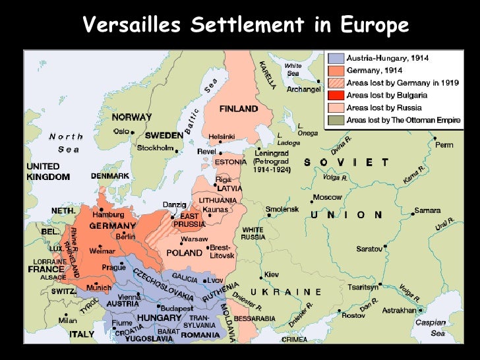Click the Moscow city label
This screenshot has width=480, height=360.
(x=327, y=197)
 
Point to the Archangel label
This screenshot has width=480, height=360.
(x=303, y=89)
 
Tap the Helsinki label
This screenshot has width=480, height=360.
(x=222, y=136)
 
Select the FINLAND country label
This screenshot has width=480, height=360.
(x=238, y=108)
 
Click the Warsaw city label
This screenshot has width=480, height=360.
(x=195, y=239)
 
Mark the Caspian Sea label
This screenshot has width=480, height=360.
(x=430, y=328)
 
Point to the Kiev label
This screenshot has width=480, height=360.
(x=271, y=274)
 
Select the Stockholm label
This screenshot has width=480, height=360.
(x=155, y=148)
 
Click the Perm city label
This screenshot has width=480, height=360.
(x=444, y=144)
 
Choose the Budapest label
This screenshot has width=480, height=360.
(x=176, y=308)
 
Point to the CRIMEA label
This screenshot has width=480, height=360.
(x=294, y=340)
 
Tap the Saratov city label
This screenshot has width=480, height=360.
(x=369, y=249)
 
